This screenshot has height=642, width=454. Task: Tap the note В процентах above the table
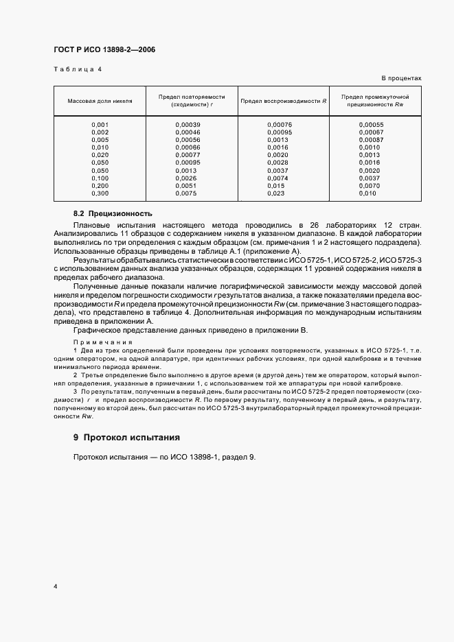coord(401,78)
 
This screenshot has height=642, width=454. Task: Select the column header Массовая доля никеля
coord(100,101)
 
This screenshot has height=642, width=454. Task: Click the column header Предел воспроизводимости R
coord(283,101)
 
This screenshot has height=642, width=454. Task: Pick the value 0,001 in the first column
coord(100,124)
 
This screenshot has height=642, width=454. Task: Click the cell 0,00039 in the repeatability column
coord(188,124)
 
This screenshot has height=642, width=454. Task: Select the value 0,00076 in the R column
coord(280,124)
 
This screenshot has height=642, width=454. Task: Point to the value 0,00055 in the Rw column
coord(370,124)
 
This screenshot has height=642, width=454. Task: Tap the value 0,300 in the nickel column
coord(100,193)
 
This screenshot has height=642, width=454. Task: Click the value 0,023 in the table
coord(275,193)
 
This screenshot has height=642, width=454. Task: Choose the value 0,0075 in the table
coord(185,193)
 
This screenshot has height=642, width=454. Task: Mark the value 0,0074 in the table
coord(277,178)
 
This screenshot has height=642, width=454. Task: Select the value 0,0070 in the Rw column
coord(368,186)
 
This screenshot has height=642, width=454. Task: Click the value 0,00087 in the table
coord(370,139)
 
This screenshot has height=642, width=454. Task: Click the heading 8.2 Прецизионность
coord(113,214)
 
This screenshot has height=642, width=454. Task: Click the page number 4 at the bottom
coord(55,586)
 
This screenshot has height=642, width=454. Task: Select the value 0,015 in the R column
coord(275,186)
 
